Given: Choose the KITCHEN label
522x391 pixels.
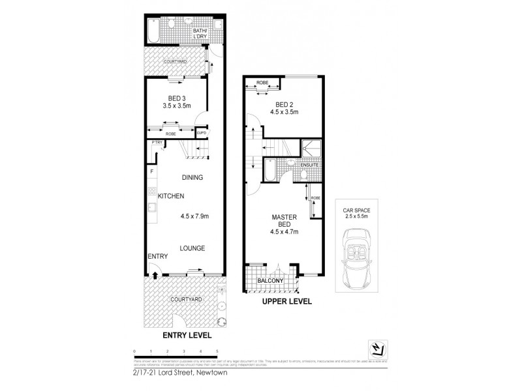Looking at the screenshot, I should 169,196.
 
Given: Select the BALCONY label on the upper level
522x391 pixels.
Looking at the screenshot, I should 270,282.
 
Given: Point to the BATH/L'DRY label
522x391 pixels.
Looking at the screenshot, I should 200,33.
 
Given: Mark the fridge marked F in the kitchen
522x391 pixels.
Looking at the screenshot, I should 152,171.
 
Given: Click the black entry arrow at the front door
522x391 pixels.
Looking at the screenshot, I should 155,275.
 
